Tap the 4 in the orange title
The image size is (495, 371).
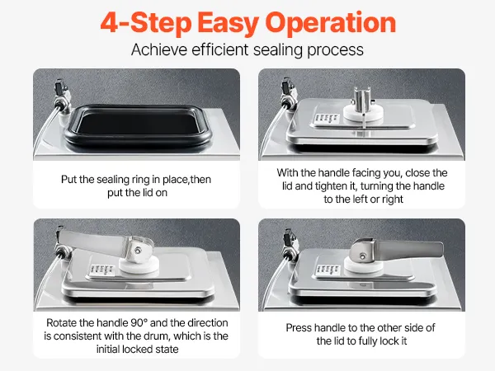tap(109, 22)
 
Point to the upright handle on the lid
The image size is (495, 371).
tap(362, 101)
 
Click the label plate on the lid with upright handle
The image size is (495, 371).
tap(326, 118)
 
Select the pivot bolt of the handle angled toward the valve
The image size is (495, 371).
tap(138, 251)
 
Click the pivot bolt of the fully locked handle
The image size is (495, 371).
tap(363, 256)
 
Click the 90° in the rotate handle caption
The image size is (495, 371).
tap(139, 322)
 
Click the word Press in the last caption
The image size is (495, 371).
tap(299, 328)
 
